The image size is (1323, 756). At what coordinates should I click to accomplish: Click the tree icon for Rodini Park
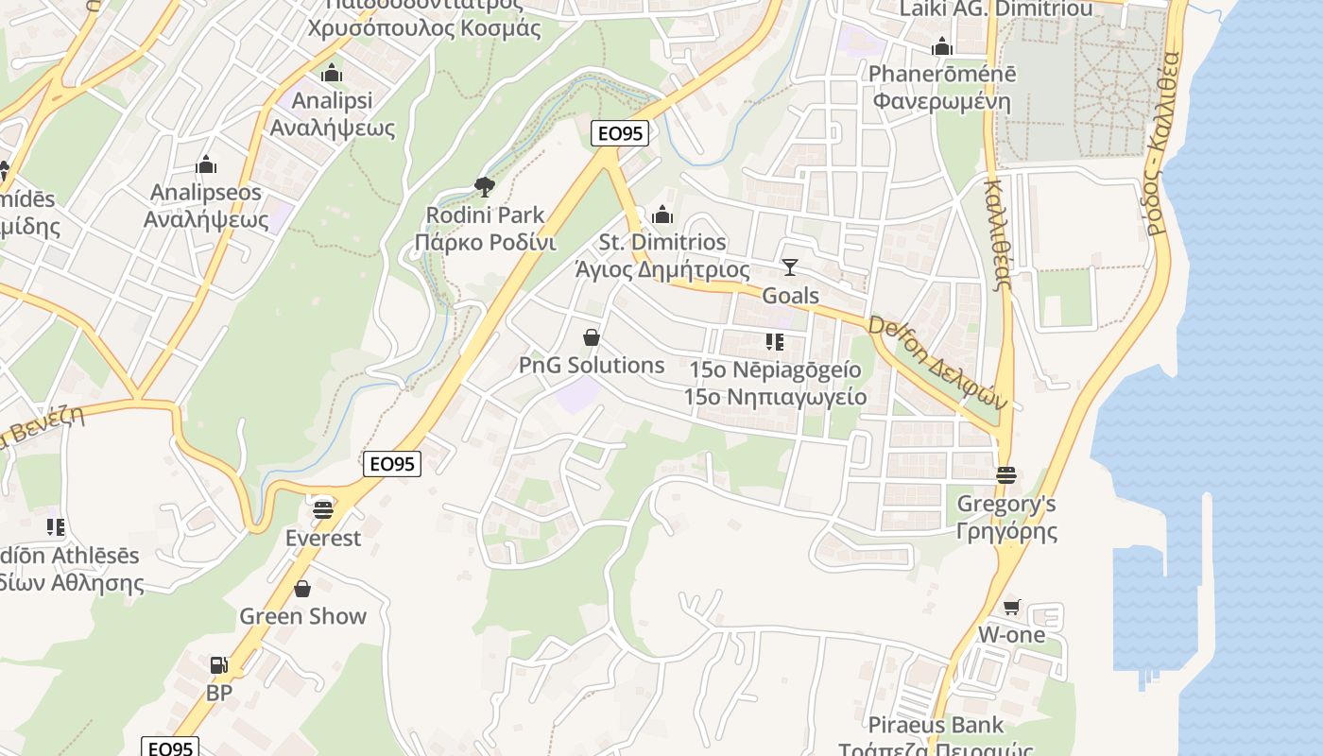[x=485, y=186]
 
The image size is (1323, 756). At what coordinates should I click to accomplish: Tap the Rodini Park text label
[x=485, y=229]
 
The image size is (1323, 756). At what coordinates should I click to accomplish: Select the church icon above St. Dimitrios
[x=662, y=215]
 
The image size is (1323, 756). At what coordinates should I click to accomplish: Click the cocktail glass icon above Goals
[x=790, y=267]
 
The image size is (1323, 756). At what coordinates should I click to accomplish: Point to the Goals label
[x=790, y=296]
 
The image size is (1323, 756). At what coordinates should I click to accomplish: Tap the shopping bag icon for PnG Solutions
[x=592, y=337]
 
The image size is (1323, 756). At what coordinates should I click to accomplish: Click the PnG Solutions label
[x=592, y=365]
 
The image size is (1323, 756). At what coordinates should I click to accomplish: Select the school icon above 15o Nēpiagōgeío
[x=775, y=341]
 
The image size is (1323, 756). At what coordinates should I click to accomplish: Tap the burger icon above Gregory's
[x=1005, y=474]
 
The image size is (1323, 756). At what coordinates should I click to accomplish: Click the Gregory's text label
[x=1006, y=504]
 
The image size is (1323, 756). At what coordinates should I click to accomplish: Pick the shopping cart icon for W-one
[x=1012, y=607]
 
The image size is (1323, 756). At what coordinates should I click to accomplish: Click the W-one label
[x=1011, y=634]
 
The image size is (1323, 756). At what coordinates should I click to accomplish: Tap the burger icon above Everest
[x=323, y=510]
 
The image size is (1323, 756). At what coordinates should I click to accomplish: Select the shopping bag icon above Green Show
[x=302, y=589]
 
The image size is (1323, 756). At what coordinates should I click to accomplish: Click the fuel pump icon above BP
[x=218, y=665]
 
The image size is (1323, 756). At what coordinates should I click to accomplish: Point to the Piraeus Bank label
[x=936, y=725]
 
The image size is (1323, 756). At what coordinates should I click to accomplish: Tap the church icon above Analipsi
[x=332, y=73]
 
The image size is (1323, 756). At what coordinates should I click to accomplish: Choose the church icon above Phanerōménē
[x=941, y=46]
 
